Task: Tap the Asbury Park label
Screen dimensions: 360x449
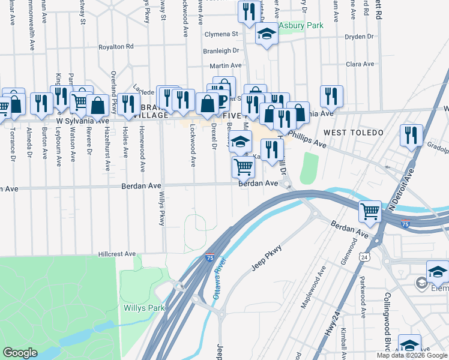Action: coord(301,25)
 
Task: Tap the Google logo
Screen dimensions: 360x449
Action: coord(20,352)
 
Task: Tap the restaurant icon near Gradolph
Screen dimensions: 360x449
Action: coord(411,136)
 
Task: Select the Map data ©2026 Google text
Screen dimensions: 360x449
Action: coord(412,355)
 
